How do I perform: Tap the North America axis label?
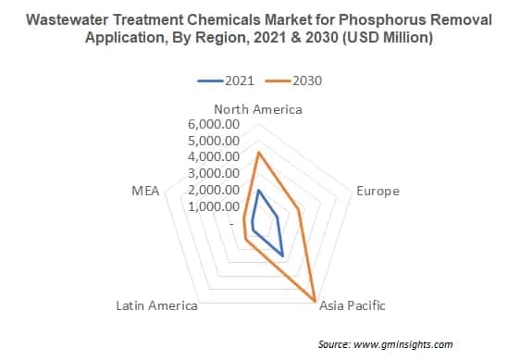pyautogui.click(x=258, y=108)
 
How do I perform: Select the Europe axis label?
pyautogui.click(x=378, y=191)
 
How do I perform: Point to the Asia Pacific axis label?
pyautogui.click(x=352, y=305)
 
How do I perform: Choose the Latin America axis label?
pyautogui.click(x=156, y=305)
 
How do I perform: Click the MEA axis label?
pyautogui.click(x=146, y=191)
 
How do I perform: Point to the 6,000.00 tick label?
pyautogui.click(x=214, y=124)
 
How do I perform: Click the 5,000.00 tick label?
pyautogui.click(x=214, y=141)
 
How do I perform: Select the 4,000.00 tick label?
pyautogui.click(x=214, y=157)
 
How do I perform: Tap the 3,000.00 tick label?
pyautogui.click(x=214, y=174)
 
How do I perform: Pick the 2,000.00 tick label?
pyautogui.click(x=214, y=191)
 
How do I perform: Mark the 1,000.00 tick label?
pyautogui.click(x=214, y=206)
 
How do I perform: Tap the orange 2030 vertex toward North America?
pyautogui.click(x=258, y=153)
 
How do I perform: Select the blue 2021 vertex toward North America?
pyautogui.click(x=258, y=190)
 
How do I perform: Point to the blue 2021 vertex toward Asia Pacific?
pyautogui.click(x=282, y=255)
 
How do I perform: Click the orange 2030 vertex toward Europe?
pyautogui.click(x=301, y=210)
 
